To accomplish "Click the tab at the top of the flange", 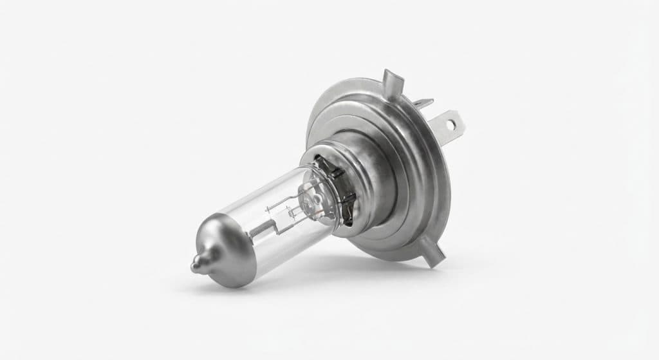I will point(389,82).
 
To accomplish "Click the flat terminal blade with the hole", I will point(444,120).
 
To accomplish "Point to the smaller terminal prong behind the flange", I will point(424,102).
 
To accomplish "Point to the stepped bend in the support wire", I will point(283,222).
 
